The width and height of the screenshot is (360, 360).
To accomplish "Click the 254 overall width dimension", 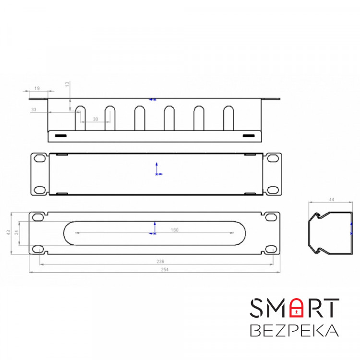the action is pos(165,270).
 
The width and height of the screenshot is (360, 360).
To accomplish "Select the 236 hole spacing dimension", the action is pos(160,262).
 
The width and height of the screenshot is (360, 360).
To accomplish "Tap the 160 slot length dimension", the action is pos(175,230).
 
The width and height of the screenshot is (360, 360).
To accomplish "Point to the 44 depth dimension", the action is pos(332,200).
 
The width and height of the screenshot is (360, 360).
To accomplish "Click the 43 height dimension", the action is pos(9,232).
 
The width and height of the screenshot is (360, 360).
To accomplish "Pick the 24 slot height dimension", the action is pos(16,232).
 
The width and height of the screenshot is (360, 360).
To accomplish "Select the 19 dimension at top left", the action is pos(37,88).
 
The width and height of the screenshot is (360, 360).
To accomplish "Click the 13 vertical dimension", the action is pos(67,84).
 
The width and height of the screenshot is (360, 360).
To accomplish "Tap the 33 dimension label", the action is pos(34,110).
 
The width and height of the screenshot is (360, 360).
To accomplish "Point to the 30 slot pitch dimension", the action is pos(96,119).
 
